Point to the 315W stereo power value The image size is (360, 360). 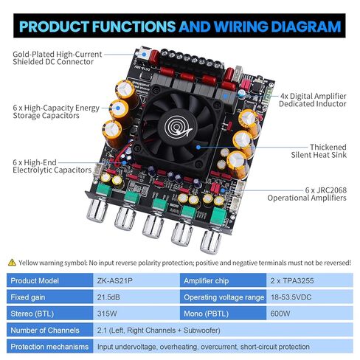pyautogui.click(x=108, y=313)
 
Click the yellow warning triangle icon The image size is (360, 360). pyautogui.click(x=11, y=262)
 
